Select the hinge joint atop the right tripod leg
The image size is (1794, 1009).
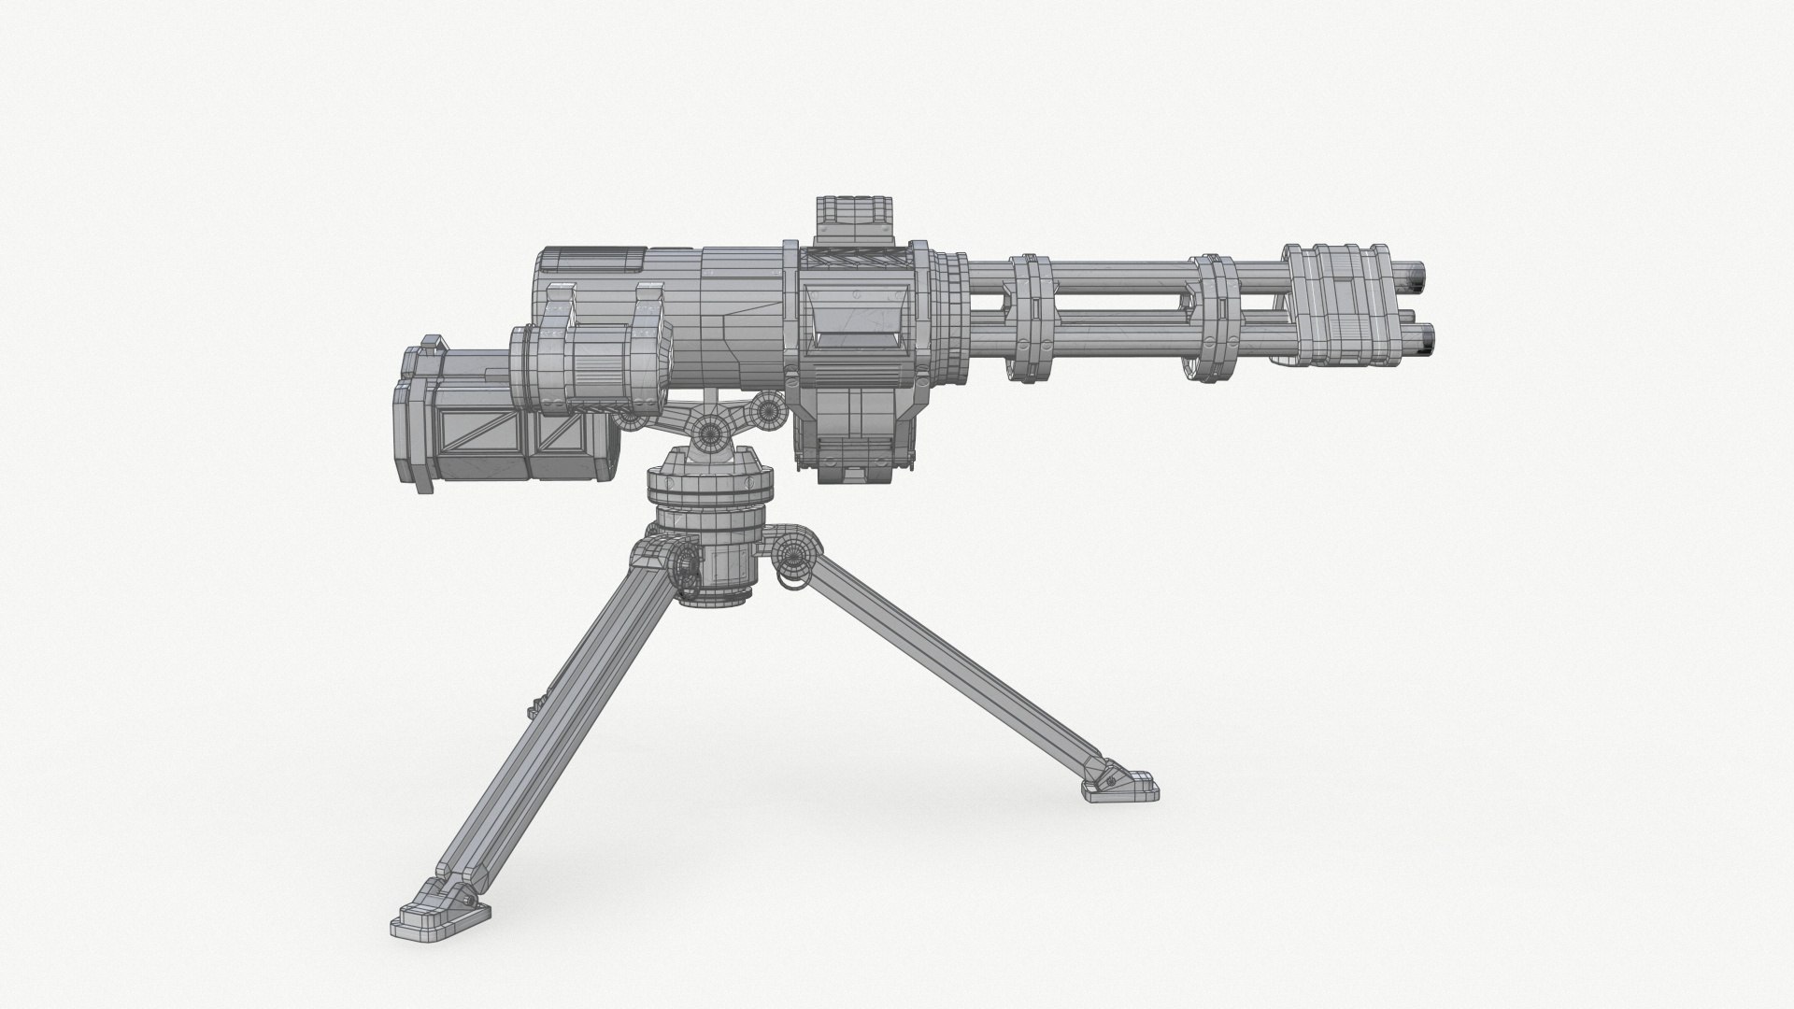[x=794, y=551]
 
